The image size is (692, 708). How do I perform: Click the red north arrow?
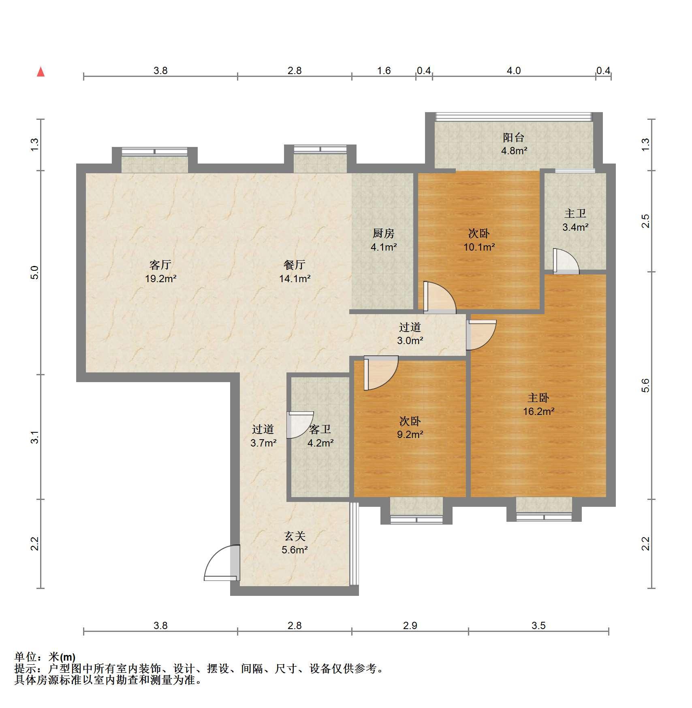(41, 72)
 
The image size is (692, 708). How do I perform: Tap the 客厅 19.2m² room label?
(161, 272)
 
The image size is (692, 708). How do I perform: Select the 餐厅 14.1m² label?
(295, 272)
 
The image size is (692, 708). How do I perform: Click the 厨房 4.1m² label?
(383, 240)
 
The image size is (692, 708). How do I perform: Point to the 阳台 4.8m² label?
(514, 144)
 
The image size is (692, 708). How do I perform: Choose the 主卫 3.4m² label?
(575, 220)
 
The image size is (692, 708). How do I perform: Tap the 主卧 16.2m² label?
(538, 404)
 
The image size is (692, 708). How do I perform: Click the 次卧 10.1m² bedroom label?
(479, 240)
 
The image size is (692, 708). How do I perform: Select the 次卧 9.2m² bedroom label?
(410, 428)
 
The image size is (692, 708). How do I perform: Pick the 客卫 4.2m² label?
(320, 436)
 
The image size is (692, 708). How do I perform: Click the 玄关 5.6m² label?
(295, 543)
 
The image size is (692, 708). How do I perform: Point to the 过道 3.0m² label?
(410, 334)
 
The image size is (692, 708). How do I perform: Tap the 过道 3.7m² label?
(263, 436)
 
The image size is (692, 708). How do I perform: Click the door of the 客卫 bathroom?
(300, 425)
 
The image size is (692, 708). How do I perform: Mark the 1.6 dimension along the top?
(384, 70)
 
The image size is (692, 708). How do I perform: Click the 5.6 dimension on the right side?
(645, 385)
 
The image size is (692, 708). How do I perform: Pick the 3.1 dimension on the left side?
(35, 437)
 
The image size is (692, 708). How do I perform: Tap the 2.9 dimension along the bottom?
(410, 625)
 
